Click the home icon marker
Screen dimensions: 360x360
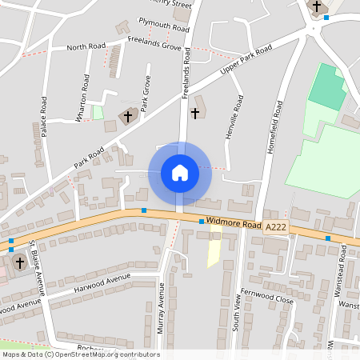[179, 172]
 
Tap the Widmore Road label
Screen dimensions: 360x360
[233, 224]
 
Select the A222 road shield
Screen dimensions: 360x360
[276, 227]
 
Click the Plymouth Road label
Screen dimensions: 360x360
[163, 25]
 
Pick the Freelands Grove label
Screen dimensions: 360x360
[155, 46]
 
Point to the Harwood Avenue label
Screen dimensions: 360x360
[101, 282]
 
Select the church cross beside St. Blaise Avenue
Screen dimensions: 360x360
[20, 262]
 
